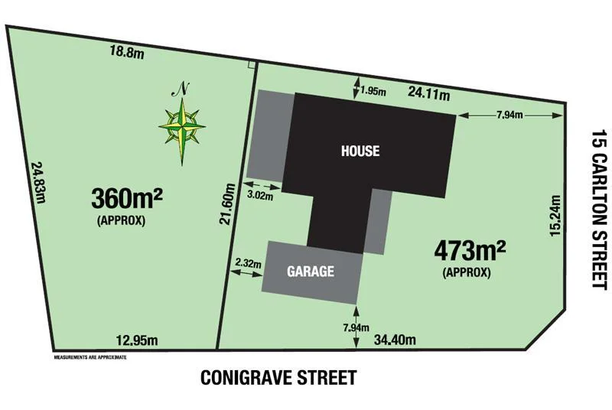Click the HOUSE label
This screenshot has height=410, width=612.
(x=360, y=151)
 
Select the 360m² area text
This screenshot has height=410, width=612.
(x=127, y=199)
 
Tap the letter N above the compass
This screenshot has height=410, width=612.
(x=182, y=88)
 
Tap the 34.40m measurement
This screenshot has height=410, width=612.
(x=392, y=339)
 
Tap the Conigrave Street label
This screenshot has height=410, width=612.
(x=278, y=378)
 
